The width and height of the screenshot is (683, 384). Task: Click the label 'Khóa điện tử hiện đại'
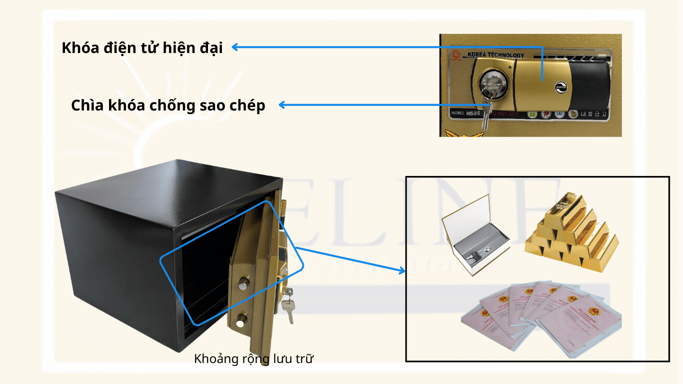coord(142,47)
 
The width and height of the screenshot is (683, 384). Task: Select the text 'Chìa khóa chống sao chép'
coord(168,105)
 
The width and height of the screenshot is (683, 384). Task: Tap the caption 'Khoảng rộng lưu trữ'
coord(253,358)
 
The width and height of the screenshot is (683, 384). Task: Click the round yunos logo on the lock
coord(559,87)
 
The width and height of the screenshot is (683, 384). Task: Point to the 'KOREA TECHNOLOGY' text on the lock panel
coord(495,55)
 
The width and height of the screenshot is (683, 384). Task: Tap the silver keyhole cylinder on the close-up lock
coord(488,83)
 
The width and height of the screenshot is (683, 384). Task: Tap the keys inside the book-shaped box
coord(478,255)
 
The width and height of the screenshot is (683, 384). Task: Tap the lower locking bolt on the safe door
coord(242,318)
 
